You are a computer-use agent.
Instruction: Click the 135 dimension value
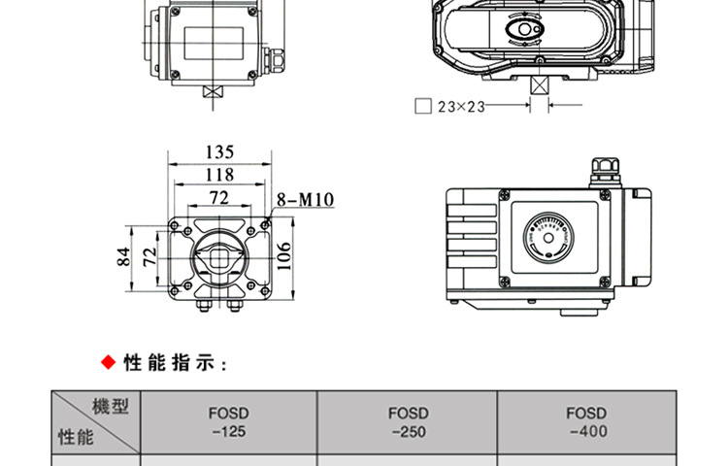[220, 151]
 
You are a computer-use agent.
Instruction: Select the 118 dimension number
[220, 175]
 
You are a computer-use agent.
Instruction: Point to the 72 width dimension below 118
[218, 198]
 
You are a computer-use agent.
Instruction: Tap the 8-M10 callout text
[305, 200]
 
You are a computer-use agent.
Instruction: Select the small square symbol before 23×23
[422, 107]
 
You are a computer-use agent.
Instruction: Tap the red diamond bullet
[108, 363]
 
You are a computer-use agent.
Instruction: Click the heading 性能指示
[175, 364]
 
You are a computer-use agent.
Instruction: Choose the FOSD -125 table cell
[229, 422]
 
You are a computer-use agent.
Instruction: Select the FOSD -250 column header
[408, 422]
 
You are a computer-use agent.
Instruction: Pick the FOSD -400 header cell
[586, 422]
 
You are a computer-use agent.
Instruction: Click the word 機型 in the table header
[112, 406]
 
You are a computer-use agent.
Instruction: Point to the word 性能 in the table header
[76, 437]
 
